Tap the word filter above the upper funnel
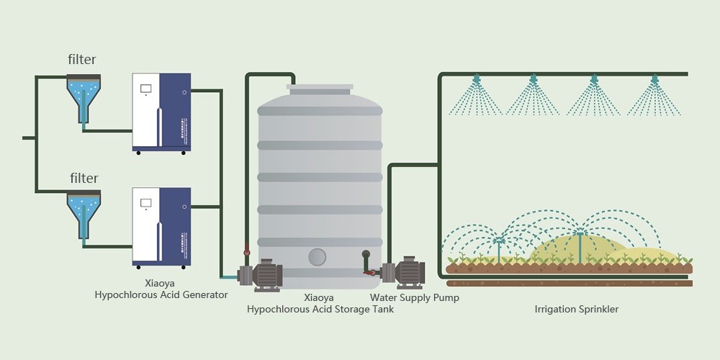(82, 60)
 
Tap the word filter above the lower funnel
(84, 178)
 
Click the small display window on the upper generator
(145, 89)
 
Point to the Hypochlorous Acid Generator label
(161, 289)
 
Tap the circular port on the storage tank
(318, 256)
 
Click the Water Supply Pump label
(415, 297)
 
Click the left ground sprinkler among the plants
(498, 243)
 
